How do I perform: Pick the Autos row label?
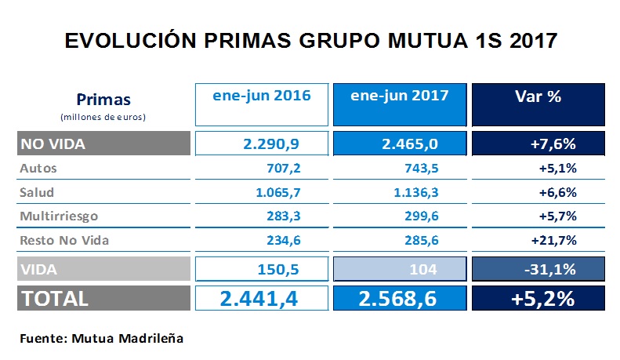click(38, 168)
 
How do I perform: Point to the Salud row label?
click(38, 192)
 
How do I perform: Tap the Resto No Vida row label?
click(64, 240)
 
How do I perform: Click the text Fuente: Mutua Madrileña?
click(101, 338)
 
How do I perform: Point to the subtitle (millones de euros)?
click(103, 116)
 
